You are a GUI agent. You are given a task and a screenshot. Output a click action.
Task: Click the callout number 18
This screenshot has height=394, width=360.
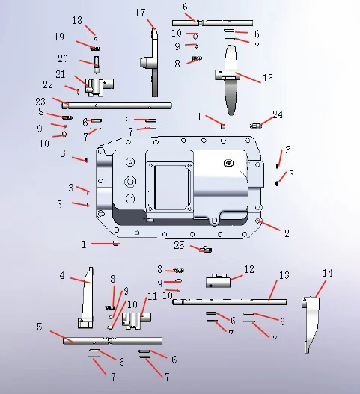[77, 20]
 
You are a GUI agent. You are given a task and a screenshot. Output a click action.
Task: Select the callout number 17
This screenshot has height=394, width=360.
[140, 13]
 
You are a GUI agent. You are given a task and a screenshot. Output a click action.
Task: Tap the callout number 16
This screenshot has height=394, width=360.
[182, 7]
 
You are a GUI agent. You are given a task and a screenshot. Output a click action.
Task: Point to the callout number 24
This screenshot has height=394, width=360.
[278, 115]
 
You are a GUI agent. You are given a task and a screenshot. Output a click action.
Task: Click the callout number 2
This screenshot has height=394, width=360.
[286, 233]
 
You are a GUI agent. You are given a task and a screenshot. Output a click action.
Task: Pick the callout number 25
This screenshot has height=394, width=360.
[179, 245]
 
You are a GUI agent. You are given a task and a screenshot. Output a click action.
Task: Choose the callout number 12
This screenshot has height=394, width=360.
[249, 268]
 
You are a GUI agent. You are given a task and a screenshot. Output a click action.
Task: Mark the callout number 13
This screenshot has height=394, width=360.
[283, 276]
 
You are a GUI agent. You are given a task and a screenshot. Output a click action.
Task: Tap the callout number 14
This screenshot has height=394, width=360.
[327, 273]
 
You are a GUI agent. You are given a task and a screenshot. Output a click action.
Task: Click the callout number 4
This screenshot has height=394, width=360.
[62, 276]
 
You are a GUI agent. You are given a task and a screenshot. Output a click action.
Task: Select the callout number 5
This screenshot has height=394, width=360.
[39, 327]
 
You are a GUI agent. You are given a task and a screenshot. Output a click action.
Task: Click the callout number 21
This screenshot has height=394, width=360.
[59, 74]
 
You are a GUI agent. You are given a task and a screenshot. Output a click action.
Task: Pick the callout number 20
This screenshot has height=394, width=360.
[63, 58]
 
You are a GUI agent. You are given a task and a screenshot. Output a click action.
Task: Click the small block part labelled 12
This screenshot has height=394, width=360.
[218, 281]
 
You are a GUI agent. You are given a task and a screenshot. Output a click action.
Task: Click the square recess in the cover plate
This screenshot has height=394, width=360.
[169, 180]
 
